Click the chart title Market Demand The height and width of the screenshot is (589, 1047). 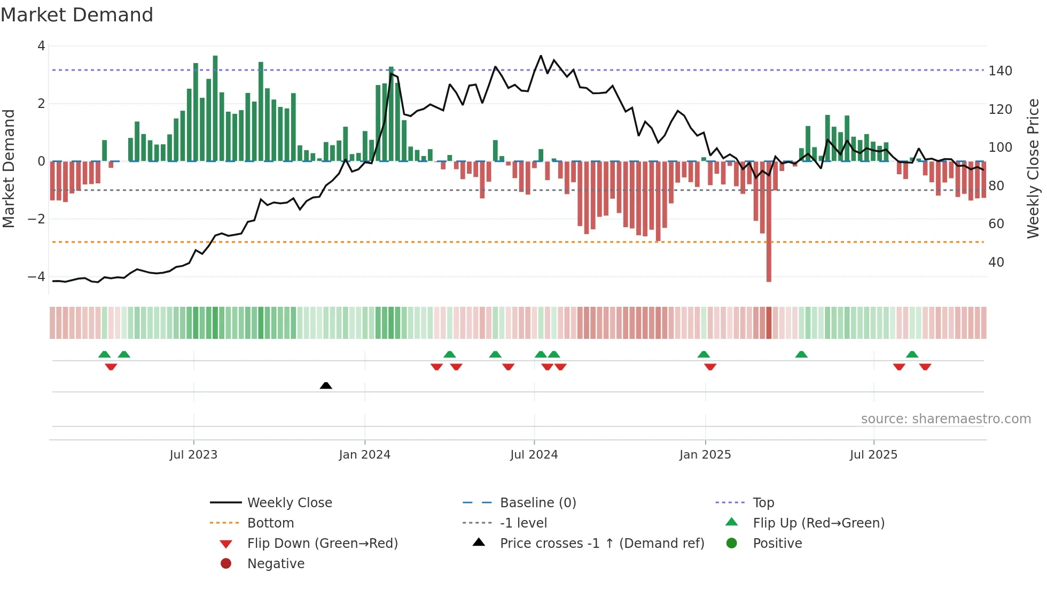coord(77,15)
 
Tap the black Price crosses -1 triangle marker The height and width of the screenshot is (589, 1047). coord(326,385)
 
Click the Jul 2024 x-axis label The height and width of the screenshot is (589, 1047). coord(534,455)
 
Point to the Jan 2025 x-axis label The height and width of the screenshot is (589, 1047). coord(705,455)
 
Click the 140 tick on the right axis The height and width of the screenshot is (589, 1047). coord(1000,71)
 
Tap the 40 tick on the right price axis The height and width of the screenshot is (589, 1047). coord(996,262)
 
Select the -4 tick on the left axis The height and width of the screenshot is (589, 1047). coord(36,277)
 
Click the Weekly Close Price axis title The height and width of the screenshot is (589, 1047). coord(1033,168)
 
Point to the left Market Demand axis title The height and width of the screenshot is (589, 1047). coord(9,168)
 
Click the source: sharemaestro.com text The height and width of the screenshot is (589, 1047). coord(946,419)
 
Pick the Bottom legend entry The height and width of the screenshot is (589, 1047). coord(270,523)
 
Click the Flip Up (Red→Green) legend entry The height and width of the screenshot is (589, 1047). coord(818,523)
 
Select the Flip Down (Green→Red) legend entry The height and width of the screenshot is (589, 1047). coord(322,544)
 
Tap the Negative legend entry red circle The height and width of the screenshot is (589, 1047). coord(226,563)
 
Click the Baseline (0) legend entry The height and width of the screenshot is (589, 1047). coord(537,503)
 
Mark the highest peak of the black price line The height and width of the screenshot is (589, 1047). coord(541,56)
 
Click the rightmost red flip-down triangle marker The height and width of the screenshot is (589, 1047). coord(925,367)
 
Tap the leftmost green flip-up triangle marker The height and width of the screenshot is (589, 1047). coord(105,354)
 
